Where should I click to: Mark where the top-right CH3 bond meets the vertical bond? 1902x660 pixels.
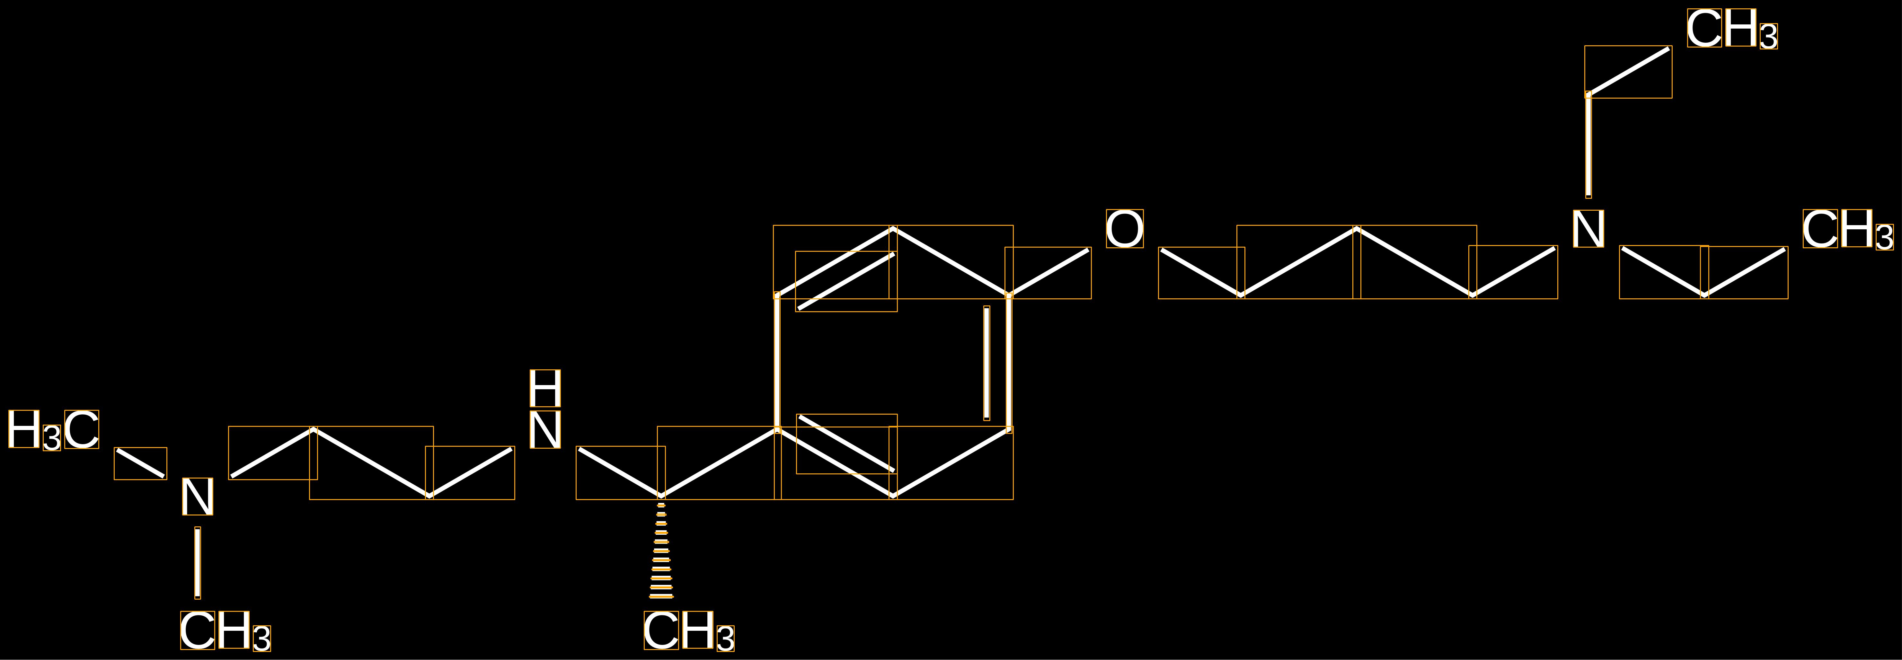pyautogui.click(x=1588, y=94)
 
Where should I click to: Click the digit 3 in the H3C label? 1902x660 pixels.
pyautogui.click(x=52, y=438)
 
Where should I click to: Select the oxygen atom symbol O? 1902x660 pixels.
pyautogui.click(x=1125, y=229)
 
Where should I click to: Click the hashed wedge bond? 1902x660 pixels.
pyautogui.click(x=661, y=550)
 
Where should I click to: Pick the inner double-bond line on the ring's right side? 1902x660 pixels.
pyautogui.click(x=986, y=363)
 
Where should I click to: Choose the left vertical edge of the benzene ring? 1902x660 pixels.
pyautogui.click(x=777, y=363)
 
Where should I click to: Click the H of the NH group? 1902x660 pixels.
pyautogui.click(x=545, y=388)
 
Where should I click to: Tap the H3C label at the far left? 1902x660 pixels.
pyautogui.click(x=53, y=430)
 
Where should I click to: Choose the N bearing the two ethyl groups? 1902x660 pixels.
pyautogui.click(x=1588, y=229)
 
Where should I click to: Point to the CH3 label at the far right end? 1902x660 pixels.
pyautogui.click(x=1848, y=229)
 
